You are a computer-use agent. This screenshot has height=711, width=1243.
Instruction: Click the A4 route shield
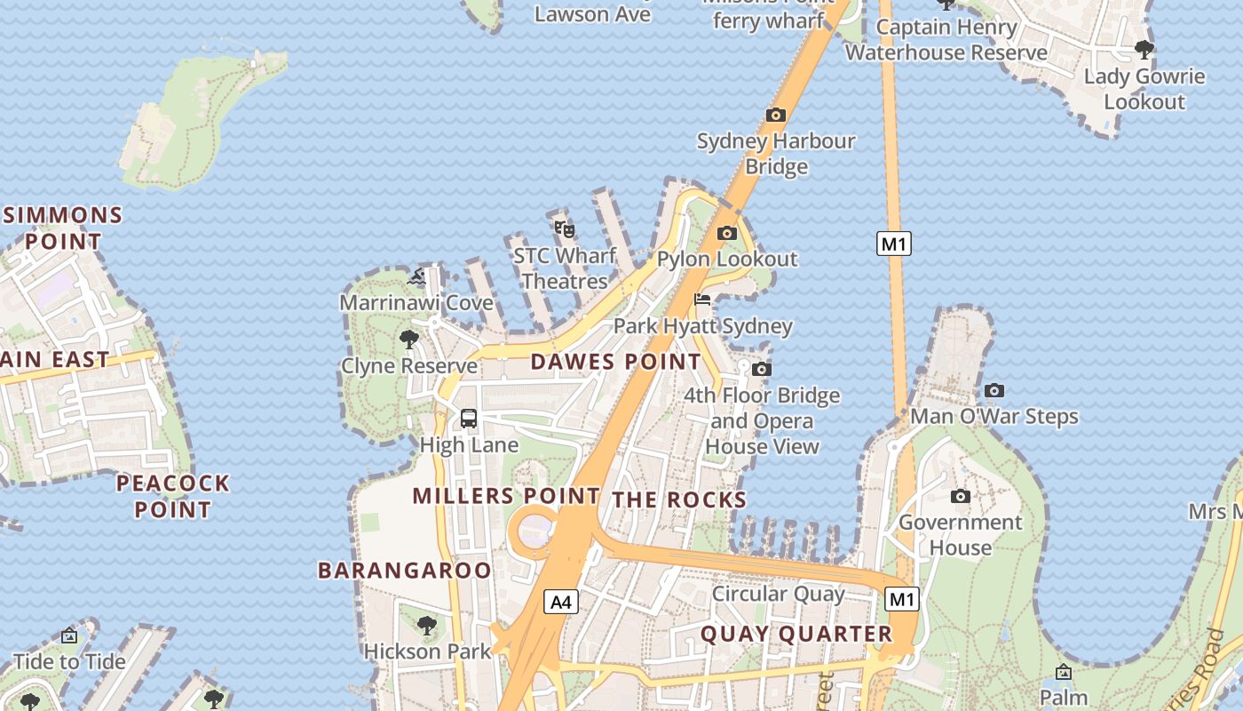coord(560,602)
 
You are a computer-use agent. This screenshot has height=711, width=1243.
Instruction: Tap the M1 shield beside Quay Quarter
coord(901,599)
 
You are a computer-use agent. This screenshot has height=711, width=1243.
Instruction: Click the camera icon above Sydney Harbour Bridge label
coord(776,115)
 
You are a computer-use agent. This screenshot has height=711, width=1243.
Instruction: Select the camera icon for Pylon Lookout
coord(727,233)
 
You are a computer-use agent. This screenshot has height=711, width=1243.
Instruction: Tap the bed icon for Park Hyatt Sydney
coord(702,300)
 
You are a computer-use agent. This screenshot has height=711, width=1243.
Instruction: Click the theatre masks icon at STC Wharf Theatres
coord(565,228)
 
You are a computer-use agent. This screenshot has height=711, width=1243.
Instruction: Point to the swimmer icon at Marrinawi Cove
coord(417,277)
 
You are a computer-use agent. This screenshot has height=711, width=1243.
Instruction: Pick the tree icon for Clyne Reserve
coord(409,339)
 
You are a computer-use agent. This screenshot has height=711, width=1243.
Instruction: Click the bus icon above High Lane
coord(469,418)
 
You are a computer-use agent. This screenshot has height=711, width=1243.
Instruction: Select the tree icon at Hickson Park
coord(427,625)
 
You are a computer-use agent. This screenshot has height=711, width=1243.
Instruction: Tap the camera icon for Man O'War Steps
coord(994,390)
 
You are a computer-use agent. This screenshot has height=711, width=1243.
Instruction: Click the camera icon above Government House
coord(960,496)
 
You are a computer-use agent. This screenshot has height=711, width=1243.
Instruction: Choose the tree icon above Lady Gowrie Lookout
coord(1144,50)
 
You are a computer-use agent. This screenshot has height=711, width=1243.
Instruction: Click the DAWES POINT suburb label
coord(616,362)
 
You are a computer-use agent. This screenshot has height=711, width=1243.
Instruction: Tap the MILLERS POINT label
coord(506,496)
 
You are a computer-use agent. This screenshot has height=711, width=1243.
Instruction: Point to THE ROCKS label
coord(679,499)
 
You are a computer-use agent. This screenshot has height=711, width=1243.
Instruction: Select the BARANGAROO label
coord(405,571)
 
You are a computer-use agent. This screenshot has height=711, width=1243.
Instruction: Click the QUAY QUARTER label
coord(796,634)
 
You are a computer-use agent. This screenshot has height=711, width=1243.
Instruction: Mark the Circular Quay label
coord(779,594)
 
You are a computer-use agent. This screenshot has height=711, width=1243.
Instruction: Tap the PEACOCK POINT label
coord(173,496)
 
